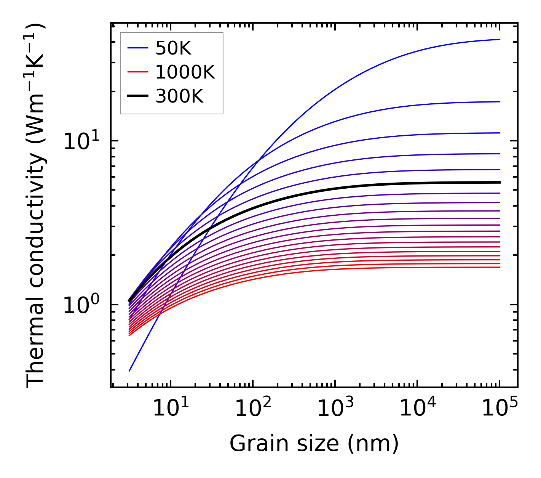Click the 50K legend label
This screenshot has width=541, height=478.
tap(173, 48)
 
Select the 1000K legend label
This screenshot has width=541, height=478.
tap(185, 72)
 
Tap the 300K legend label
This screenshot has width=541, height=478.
tap(179, 96)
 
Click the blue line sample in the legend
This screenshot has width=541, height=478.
tap(137, 48)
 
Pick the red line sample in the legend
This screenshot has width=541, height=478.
tap(137, 72)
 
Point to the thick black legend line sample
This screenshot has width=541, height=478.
tap(137, 96)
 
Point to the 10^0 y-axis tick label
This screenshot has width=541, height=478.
tap(81, 305)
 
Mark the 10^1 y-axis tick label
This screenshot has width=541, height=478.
tap(81, 141)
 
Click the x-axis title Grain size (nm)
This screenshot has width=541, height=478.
tap(314, 443)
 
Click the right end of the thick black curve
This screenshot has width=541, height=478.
tap(499, 182)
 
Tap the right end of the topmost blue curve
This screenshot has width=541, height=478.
tap(499, 39)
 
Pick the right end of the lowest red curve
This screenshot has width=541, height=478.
tap(499, 267)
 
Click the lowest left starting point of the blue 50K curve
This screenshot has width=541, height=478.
tap(129, 371)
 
